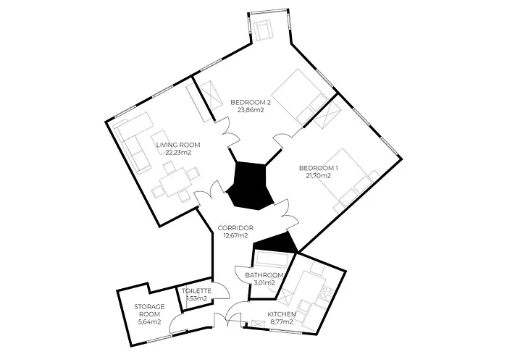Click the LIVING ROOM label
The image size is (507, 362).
[178, 145]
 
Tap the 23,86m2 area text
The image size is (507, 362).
[251, 110]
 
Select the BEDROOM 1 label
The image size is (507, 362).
[319, 168]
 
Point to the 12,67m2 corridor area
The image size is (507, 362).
[235, 235]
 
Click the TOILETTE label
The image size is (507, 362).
[196, 291]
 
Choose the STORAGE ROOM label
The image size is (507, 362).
[149, 310]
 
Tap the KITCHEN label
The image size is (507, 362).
[282, 314]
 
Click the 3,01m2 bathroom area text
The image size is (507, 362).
[264, 283]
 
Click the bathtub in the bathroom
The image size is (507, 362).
[272, 259]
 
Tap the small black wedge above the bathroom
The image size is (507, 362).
[277, 243]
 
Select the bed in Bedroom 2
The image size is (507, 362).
[299, 97]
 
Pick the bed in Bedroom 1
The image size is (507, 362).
[349, 180]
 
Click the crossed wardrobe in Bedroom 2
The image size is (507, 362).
[209, 96]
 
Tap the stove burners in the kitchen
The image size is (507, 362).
[326, 293]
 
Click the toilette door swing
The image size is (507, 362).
[220, 290]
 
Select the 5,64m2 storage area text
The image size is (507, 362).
[149, 322]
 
